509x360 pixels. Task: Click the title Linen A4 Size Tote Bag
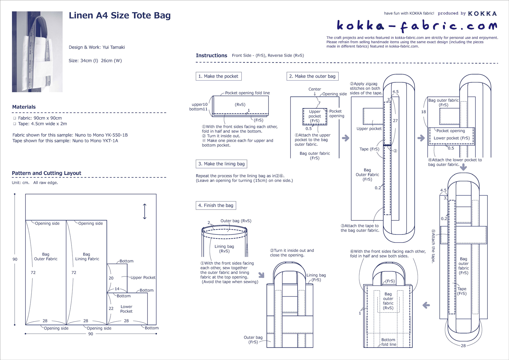[119, 16]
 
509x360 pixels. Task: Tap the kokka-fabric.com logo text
[416, 26]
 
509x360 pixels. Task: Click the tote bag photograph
[37, 52]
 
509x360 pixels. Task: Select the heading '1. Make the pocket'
[218, 76]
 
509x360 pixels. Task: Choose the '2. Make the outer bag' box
[312, 76]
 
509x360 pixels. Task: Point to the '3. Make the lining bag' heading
[221, 164]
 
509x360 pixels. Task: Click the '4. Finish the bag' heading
[216, 205]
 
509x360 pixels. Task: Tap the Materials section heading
[24, 107]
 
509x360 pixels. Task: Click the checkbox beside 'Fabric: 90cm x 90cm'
[14, 118]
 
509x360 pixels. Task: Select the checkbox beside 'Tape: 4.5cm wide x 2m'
[14, 124]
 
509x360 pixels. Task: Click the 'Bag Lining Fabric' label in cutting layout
[87, 256]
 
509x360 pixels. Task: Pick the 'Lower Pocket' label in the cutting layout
[126, 309]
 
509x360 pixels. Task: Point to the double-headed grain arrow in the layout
[145, 211]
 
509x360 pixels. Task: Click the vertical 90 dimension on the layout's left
[15, 259]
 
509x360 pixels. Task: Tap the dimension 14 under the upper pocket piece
[117, 289]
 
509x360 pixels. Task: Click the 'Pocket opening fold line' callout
[247, 93]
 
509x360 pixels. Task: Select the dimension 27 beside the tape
[395, 121]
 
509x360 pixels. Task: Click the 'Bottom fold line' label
[388, 342]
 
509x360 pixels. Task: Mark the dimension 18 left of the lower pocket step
[423, 112]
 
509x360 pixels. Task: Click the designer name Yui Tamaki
[113, 47]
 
